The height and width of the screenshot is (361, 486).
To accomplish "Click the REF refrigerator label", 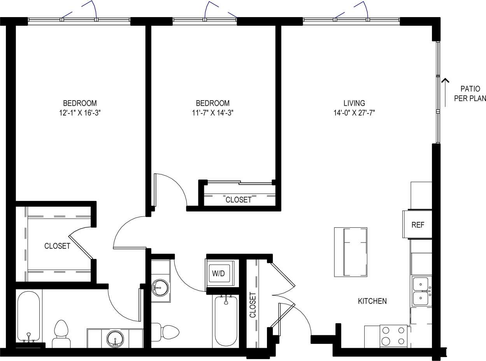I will click(418, 225).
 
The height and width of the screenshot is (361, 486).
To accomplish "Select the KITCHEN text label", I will click(372, 301).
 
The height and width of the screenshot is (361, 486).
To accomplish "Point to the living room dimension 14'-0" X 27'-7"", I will click(354, 113).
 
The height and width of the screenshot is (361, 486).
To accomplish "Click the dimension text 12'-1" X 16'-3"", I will click(80, 113).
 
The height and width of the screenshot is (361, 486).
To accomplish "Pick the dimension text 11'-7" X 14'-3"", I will click(212, 113).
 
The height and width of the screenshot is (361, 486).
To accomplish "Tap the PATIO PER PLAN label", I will click(470, 94).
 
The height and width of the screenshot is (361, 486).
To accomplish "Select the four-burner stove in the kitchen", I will click(393, 336).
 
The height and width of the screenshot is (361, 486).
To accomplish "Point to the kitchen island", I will click(351, 252).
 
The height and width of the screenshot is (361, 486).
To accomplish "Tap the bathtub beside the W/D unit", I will click(226, 321).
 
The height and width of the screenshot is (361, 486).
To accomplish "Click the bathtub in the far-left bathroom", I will click(28, 317).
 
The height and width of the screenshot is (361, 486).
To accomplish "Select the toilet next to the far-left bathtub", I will click(61, 334).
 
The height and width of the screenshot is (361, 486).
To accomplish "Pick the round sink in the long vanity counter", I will click(115, 338).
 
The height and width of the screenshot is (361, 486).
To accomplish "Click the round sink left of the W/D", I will click(160, 288).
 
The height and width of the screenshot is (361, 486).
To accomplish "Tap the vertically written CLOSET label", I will click(253, 305).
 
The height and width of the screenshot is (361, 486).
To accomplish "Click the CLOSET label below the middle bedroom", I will click(239, 200).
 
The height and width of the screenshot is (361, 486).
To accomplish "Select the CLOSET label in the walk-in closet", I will click(57, 246).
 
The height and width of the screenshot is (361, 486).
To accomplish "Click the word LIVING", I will click(354, 103).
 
